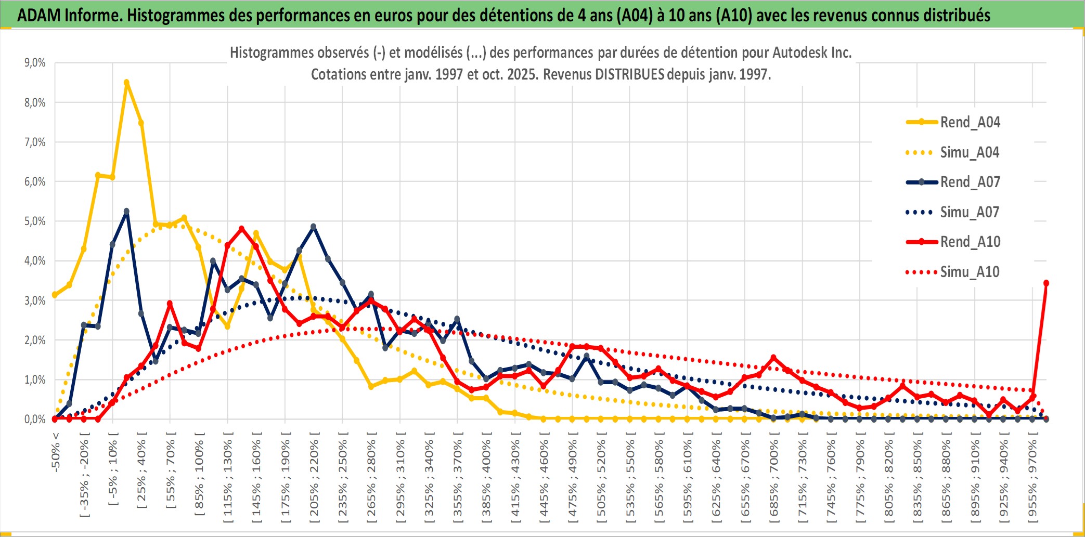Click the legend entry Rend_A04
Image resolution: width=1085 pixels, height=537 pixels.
[970, 122]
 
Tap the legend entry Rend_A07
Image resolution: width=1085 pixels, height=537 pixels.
[970, 182]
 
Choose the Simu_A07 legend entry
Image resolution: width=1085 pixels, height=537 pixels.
[970, 212]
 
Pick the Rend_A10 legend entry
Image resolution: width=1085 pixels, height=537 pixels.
[970, 242]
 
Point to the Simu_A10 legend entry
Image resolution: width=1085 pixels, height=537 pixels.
[970, 272]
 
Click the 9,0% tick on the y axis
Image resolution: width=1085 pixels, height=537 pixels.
[35, 63]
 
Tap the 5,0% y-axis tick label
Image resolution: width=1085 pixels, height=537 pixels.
[35, 221]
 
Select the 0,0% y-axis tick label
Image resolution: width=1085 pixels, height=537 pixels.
[35, 419]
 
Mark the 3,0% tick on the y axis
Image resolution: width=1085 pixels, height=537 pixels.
[35, 300]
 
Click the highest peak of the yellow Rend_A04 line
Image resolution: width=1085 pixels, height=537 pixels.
[126, 82]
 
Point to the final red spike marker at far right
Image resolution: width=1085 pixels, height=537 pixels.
[1046, 283]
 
